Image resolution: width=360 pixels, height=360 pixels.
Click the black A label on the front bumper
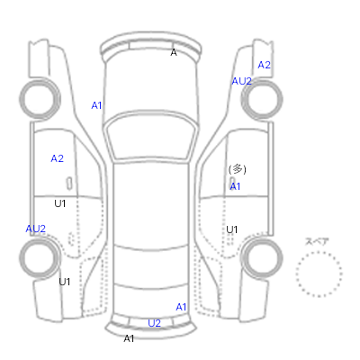pos(174,52)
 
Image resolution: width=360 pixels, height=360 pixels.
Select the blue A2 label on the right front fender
pos(264,65)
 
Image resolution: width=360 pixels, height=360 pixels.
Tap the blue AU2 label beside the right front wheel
pos(241,81)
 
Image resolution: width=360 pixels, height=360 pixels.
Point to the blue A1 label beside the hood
pos(96,105)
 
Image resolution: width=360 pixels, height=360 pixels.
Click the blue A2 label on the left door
pos(57,158)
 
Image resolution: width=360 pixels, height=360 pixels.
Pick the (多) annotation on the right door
pos(238,169)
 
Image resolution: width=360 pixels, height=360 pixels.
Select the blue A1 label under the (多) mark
pos(235,186)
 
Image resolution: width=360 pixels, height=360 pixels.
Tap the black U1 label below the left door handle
pos(60,203)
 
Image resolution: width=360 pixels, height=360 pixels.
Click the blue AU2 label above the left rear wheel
pos(35,229)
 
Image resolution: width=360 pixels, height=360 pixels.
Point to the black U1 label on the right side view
pos(232,229)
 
